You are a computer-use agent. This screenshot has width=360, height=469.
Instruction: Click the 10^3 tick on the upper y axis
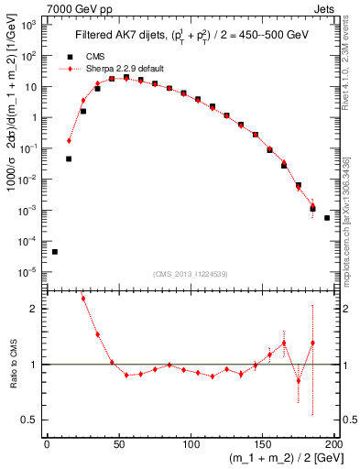pos(30,25)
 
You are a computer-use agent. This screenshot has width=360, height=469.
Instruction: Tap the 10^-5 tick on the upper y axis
pos(30,272)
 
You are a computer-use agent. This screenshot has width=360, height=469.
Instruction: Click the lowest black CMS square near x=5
pos(54,252)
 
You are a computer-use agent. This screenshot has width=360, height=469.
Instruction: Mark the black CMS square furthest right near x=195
pos(327,218)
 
